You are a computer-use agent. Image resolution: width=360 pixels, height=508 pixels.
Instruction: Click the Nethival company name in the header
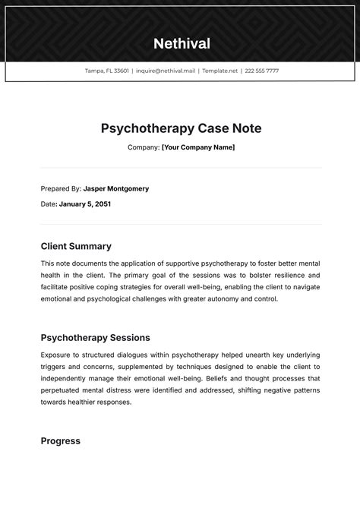[x=182, y=43]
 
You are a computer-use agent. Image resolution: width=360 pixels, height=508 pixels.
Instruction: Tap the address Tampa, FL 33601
[x=107, y=71]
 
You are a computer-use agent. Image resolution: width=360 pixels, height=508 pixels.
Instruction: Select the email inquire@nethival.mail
[x=166, y=71]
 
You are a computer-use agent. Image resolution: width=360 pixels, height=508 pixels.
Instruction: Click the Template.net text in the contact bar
[x=220, y=71]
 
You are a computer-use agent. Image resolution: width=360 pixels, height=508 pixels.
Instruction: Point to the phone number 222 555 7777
[x=262, y=71]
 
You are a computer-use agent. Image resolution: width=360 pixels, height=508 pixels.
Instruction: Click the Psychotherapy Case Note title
[x=181, y=128]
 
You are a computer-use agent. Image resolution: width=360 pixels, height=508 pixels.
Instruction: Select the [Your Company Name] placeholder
[x=198, y=147]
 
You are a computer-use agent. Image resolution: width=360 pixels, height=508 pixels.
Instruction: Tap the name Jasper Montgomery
[x=116, y=188]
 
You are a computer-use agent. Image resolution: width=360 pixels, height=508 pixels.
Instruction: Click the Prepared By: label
[x=61, y=188]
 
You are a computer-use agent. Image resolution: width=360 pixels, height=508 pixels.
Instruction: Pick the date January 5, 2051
[x=85, y=204]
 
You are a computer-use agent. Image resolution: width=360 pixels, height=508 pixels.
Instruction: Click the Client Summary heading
[x=76, y=246]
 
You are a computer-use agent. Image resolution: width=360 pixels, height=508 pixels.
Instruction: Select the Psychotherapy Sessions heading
[x=95, y=337]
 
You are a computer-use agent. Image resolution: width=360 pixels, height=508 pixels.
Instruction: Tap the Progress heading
[x=60, y=440]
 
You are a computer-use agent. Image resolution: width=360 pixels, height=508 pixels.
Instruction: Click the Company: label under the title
[x=144, y=147]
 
